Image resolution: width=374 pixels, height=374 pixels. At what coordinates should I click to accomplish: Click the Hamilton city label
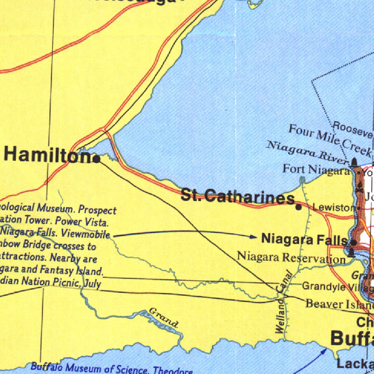pyautogui.click(x=47, y=155)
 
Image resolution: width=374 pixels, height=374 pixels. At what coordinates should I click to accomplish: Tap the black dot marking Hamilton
pyautogui.click(x=97, y=159)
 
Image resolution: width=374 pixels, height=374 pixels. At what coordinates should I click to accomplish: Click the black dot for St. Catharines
pyautogui.click(x=298, y=207)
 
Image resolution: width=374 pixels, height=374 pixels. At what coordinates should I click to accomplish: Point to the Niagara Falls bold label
pyautogui.click(x=304, y=240)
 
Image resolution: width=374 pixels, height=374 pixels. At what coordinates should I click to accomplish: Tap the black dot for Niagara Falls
pyautogui.click(x=354, y=242)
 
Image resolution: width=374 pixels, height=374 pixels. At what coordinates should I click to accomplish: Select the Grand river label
pyautogui.click(x=164, y=317)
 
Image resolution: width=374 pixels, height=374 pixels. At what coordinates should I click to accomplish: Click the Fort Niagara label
pyautogui.click(x=316, y=169)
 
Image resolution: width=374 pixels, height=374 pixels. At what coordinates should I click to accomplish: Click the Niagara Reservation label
pyautogui.click(x=291, y=257)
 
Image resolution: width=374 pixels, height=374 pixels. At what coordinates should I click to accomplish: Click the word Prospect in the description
pyautogui.click(x=98, y=210)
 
